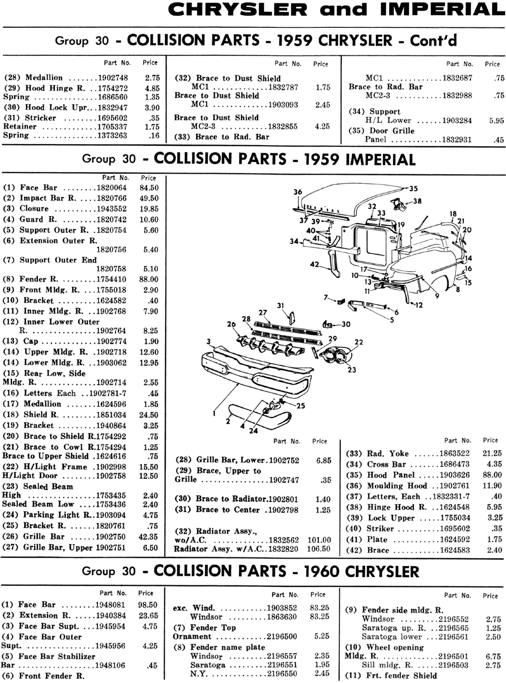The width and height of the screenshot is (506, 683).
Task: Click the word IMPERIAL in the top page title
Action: [x=442, y=10]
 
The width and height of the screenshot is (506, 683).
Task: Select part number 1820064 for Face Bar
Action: [x=112, y=188]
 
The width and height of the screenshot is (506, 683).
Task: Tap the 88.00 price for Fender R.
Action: [x=149, y=280]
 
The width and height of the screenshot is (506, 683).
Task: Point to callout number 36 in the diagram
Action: [x=297, y=192]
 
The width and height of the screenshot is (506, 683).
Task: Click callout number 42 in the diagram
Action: [x=314, y=265]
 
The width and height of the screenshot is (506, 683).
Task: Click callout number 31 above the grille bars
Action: [x=280, y=305]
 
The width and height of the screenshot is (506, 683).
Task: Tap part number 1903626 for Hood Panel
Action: [x=454, y=475]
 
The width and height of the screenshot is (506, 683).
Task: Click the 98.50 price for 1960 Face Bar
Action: [x=148, y=605]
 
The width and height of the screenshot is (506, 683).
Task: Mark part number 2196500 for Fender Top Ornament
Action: [x=282, y=636]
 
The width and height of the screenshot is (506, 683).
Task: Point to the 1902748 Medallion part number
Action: [x=113, y=78]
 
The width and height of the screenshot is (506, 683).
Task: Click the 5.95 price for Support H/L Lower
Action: [x=497, y=121]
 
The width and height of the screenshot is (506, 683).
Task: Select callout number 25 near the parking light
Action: [x=301, y=406]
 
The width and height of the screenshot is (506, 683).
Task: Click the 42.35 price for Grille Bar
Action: [x=148, y=537]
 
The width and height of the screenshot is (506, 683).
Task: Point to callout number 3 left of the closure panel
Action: [x=209, y=342]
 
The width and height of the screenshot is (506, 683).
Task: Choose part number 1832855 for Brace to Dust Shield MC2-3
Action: [x=282, y=127]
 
